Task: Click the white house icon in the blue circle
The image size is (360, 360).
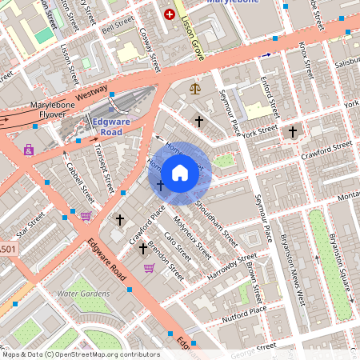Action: point(180,173)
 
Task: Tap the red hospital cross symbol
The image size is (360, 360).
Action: point(169,14)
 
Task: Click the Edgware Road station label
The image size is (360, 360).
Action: point(117,126)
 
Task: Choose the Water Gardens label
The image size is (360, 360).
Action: point(83,294)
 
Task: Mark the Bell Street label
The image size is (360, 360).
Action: point(117,26)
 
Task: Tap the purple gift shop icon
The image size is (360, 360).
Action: point(29,149)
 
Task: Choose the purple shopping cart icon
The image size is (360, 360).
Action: point(149,268)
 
